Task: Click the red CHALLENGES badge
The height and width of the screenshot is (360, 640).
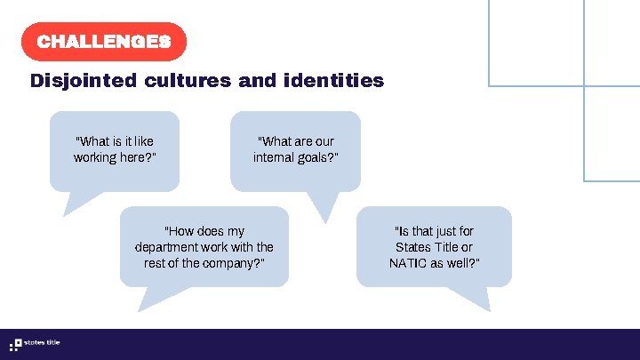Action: pos(103,42)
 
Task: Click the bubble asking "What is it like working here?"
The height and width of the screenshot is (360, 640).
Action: pos(114,149)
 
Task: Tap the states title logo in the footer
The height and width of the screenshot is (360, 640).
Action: pos(35,344)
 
